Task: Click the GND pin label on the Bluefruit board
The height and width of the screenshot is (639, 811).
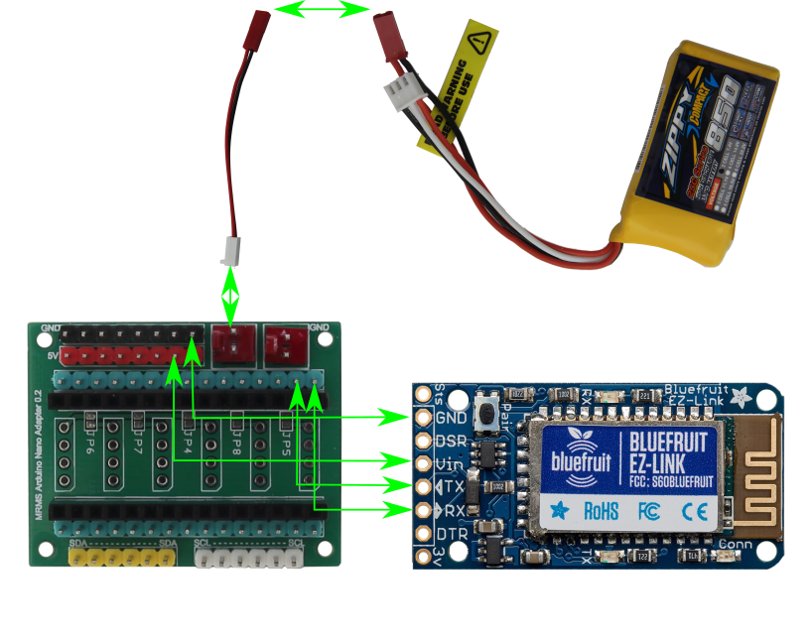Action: point(452,418)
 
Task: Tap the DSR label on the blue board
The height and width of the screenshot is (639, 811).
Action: point(452,441)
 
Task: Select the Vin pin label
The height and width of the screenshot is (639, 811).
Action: point(449,463)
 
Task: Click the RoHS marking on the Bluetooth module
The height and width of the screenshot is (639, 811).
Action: point(601,512)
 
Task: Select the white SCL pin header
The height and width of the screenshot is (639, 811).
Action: point(249,559)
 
